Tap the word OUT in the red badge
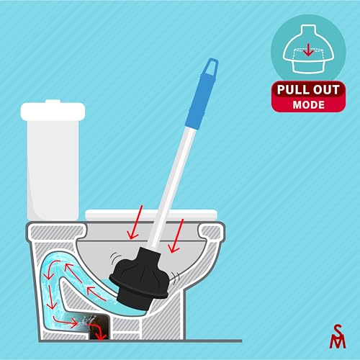pyautogui.click(x=327, y=90)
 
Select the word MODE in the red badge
pyautogui.click(x=309, y=104)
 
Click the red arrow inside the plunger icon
pyautogui.click(x=308, y=50)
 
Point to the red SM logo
pyautogui.click(x=338, y=336)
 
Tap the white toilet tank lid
pyautogui.click(x=53, y=110)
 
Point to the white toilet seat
pyautogui.click(x=151, y=215)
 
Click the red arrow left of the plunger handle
pyautogui.click(x=135, y=222)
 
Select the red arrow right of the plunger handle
pyautogui.click(x=176, y=236)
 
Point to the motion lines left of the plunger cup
pyautogui.click(x=114, y=258)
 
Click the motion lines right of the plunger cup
pyautogui.click(x=174, y=277)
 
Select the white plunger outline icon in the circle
pyautogui.click(x=308, y=49)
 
